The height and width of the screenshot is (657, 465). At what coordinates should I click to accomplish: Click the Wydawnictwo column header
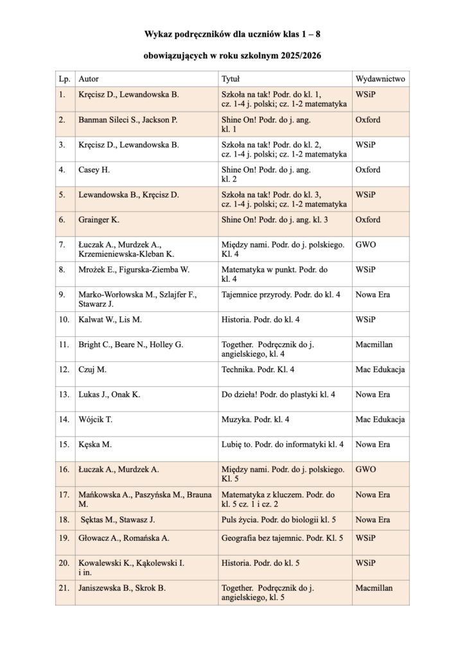pos(380,80)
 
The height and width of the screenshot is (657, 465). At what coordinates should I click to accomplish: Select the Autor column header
pos(89,80)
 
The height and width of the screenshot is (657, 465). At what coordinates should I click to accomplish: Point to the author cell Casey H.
pos(95,170)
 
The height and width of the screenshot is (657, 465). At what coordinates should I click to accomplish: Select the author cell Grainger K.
pos(99,220)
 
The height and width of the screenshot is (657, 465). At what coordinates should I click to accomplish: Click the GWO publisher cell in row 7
pos(365,244)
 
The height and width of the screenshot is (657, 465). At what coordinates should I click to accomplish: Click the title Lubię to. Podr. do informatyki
pos(283,444)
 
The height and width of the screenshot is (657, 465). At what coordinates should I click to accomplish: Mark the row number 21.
pos(64,588)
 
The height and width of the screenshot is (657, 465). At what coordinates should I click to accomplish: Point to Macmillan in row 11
pos(374,345)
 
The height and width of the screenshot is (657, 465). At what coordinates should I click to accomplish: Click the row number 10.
pos(64,320)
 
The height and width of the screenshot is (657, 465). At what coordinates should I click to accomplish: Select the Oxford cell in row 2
pos(367,120)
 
